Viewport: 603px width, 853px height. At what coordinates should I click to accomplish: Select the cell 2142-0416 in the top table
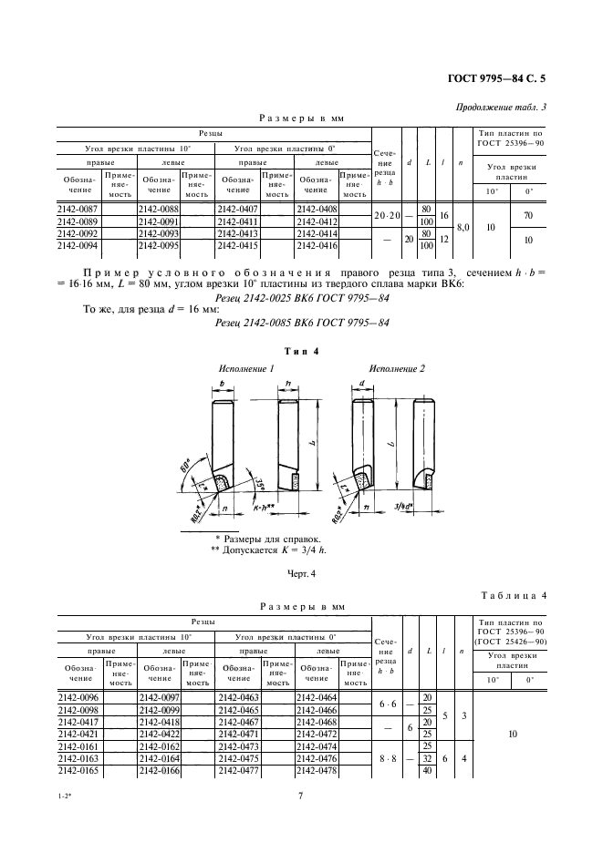coord(317,245)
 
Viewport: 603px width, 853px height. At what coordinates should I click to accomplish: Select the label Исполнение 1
coord(245,368)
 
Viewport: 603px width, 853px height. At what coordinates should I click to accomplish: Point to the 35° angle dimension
coord(261,480)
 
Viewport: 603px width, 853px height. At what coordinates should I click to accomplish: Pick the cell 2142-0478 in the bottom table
coord(317,770)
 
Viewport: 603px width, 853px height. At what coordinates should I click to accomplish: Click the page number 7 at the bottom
coord(300,796)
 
